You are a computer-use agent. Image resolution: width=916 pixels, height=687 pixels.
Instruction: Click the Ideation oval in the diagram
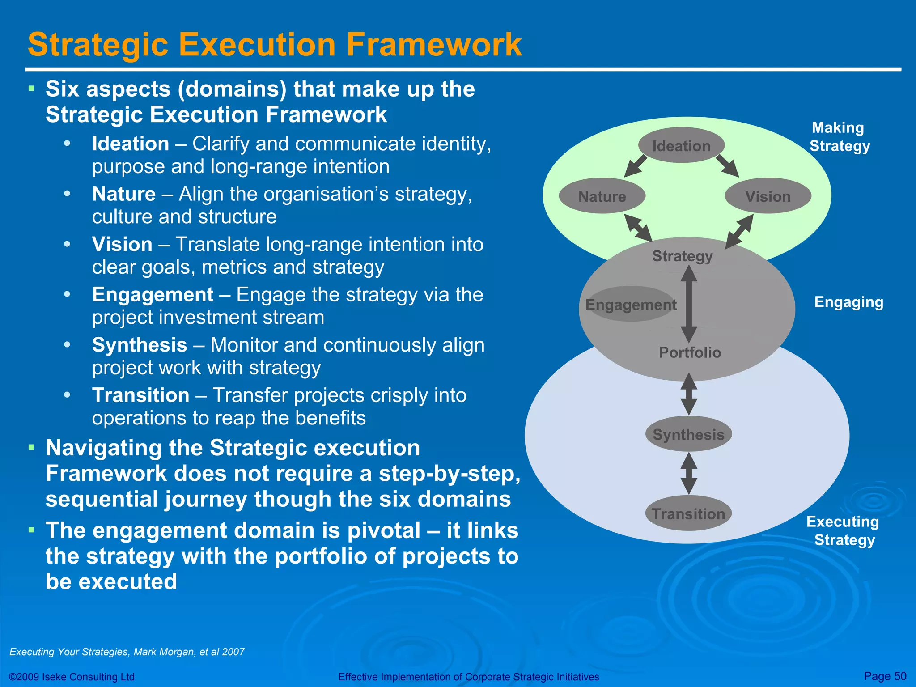point(681,146)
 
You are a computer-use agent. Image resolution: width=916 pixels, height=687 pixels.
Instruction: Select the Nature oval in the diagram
point(602,196)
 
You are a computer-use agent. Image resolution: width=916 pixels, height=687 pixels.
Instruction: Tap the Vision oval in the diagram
point(768,196)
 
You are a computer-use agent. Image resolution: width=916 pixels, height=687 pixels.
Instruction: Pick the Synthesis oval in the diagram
point(688,434)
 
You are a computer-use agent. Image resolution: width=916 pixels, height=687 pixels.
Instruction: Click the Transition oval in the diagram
point(688,514)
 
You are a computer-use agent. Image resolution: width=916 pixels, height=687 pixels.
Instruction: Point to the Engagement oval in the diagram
point(631,305)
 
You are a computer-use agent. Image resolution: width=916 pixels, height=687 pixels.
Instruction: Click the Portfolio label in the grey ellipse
point(690,352)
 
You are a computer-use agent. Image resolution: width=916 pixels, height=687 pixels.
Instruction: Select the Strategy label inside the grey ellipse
point(682,256)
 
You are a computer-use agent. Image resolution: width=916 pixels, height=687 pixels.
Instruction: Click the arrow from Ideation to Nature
point(636,166)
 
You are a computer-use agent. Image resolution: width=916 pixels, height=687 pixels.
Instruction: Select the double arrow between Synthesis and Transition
point(689,474)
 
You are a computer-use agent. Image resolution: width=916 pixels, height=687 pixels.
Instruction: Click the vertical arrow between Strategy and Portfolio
point(689,304)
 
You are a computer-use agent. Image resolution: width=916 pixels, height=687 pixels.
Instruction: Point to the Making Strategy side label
point(840,137)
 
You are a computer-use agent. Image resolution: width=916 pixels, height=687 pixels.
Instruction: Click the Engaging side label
point(848,302)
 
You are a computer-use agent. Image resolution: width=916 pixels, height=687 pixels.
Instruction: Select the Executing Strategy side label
point(843,530)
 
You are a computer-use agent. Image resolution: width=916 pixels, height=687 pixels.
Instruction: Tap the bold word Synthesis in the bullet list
point(140,345)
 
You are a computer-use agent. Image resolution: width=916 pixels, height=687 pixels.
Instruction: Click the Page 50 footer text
point(885,676)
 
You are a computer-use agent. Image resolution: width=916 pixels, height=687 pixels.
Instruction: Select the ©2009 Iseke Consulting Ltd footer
point(72,677)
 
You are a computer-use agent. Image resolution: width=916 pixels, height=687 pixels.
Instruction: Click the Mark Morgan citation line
point(127,652)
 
